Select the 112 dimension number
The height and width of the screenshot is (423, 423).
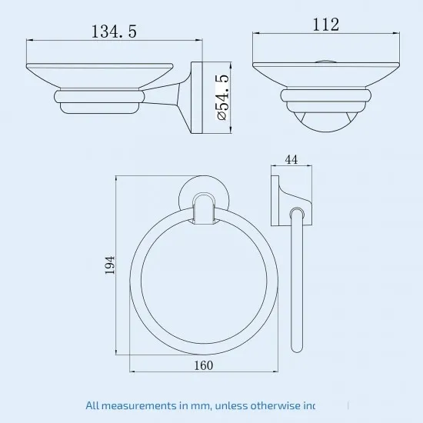(x=325, y=25)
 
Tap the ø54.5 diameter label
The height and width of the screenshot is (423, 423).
(x=223, y=98)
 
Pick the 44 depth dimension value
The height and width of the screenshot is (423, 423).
(x=291, y=159)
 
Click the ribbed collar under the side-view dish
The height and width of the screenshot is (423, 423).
(x=98, y=97)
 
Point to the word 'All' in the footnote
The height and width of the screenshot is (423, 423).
(x=94, y=404)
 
